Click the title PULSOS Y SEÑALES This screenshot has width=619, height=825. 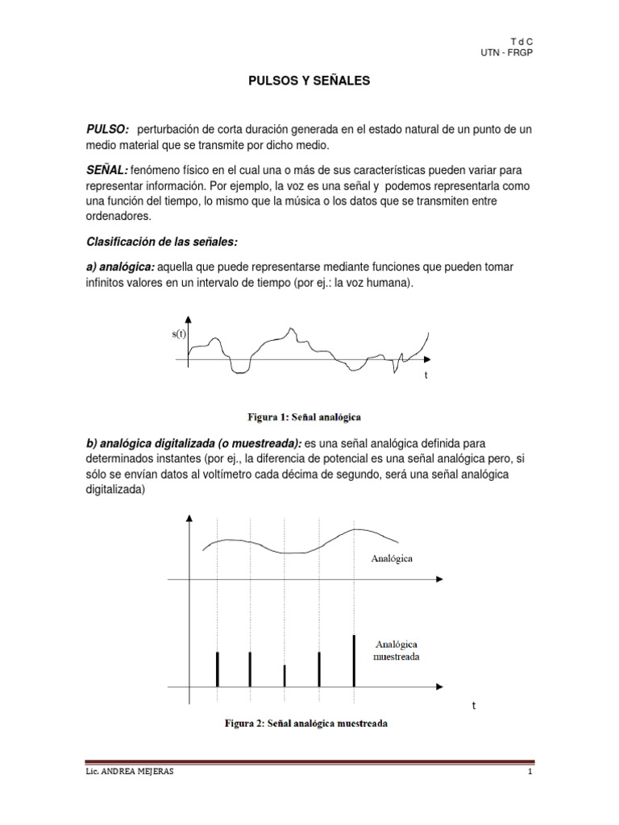[x=308, y=81]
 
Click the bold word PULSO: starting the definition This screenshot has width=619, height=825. [x=108, y=130]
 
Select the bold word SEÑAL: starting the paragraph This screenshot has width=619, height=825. [x=106, y=171]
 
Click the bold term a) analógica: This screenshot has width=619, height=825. [x=120, y=266]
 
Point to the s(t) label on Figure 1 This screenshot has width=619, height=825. [x=179, y=334]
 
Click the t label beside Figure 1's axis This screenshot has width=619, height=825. [x=426, y=375]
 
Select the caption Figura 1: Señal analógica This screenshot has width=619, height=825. [x=304, y=417]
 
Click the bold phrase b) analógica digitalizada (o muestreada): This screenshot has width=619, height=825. [x=194, y=444]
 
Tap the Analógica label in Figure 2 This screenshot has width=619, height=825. [x=392, y=558]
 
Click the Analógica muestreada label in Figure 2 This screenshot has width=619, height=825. [x=396, y=650]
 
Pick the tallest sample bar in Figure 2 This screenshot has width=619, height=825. [x=353, y=661]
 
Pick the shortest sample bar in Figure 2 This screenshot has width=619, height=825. [x=285, y=676]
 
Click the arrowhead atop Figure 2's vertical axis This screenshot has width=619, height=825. [x=189, y=520]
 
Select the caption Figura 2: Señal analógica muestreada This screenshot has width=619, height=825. [x=305, y=723]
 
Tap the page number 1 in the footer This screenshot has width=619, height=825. [x=530, y=772]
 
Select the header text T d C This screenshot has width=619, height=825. [x=522, y=40]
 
